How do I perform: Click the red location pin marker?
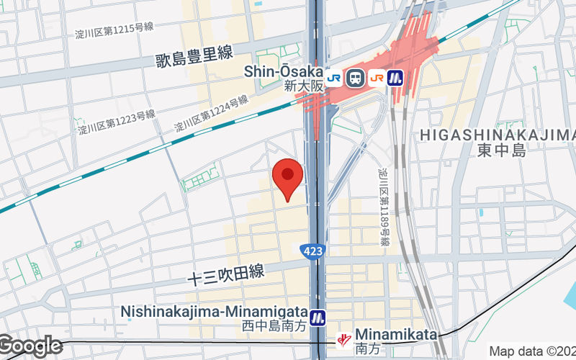[x=288, y=177]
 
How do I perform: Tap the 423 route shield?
[x=312, y=250]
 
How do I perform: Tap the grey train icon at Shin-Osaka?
[x=354, y=78]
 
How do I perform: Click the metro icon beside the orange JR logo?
[x=396, y=78]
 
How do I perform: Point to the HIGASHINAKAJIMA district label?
[x=497, y=135]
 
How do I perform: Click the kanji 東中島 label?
[x=502, y=150]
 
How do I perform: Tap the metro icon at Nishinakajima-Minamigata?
[x=318, y=317]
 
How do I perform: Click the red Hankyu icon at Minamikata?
[x=346, y=337]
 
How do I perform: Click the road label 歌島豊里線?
[x=194, y=60]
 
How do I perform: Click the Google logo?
[x=31, y=346]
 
